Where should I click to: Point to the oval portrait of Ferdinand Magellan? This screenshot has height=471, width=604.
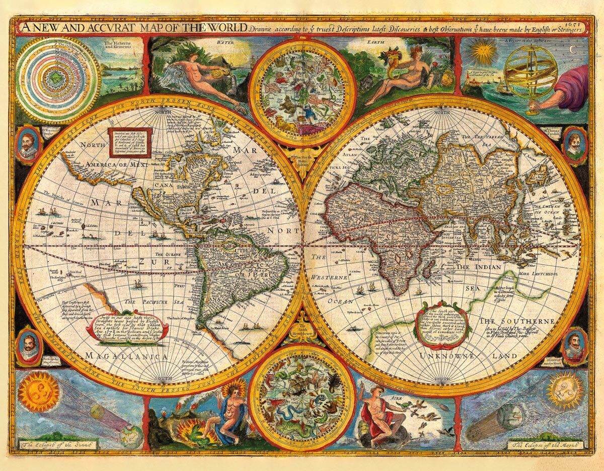coord(29,346)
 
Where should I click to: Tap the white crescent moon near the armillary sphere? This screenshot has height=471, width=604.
coord(571,48)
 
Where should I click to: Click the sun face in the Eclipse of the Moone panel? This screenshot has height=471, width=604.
coord(564,389)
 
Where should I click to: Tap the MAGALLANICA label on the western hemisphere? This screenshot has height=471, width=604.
coord(126,356)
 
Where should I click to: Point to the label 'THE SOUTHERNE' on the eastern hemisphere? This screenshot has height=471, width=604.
coord(516,321)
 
